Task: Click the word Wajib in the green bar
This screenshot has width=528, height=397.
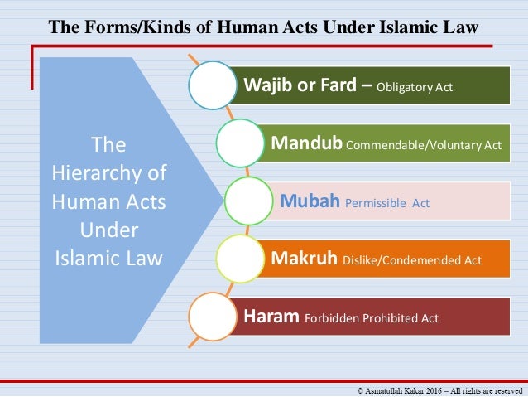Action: pyautogui.click(x=264, y=85)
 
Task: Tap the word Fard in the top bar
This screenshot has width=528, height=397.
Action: pyautogui.click(x=335, y=85)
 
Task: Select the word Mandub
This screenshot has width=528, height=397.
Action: pyautogui.click(x=306, y=144)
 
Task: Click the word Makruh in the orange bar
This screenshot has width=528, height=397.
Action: pyautogui.click(x=304, y=259)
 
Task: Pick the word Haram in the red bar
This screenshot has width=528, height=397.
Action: pyautogui.click(x=271, y=317)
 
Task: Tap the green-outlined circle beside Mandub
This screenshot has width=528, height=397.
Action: pyautogui.click(x=242, y=143)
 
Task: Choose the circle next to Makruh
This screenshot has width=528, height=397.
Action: pyautogui.click(x=242, y=259)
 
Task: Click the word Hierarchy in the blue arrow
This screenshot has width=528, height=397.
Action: pyautogui.click(x=109, y=174)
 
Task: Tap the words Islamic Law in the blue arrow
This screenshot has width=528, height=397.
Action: pyautogui.click(x=109, y=259)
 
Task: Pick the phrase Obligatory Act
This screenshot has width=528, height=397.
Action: pyautogui.click(x=415, y=87)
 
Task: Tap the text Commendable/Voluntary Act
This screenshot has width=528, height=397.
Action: pyautogui.click(x=424, y=145)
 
